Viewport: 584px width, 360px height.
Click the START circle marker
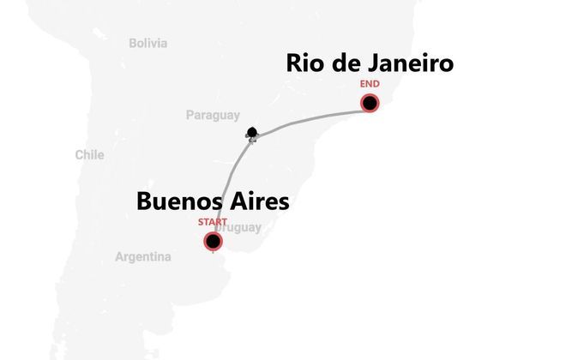[213, 242]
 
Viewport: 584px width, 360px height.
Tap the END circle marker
[370, 104]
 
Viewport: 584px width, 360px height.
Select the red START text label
[213, 222]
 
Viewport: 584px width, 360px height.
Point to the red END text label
[370, 85]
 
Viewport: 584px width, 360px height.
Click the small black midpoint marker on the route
[251, 133]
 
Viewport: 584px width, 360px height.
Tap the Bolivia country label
[148, 43]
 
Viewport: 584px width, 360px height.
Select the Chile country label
[89, 155]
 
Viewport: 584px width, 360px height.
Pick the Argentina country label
[143, 256]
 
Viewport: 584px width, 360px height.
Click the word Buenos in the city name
[176, 201]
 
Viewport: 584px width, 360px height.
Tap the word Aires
[256, 201]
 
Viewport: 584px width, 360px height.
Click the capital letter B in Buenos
[145, 201]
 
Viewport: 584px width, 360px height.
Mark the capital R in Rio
[294, 63]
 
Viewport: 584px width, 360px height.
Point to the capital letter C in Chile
[79, 155]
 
